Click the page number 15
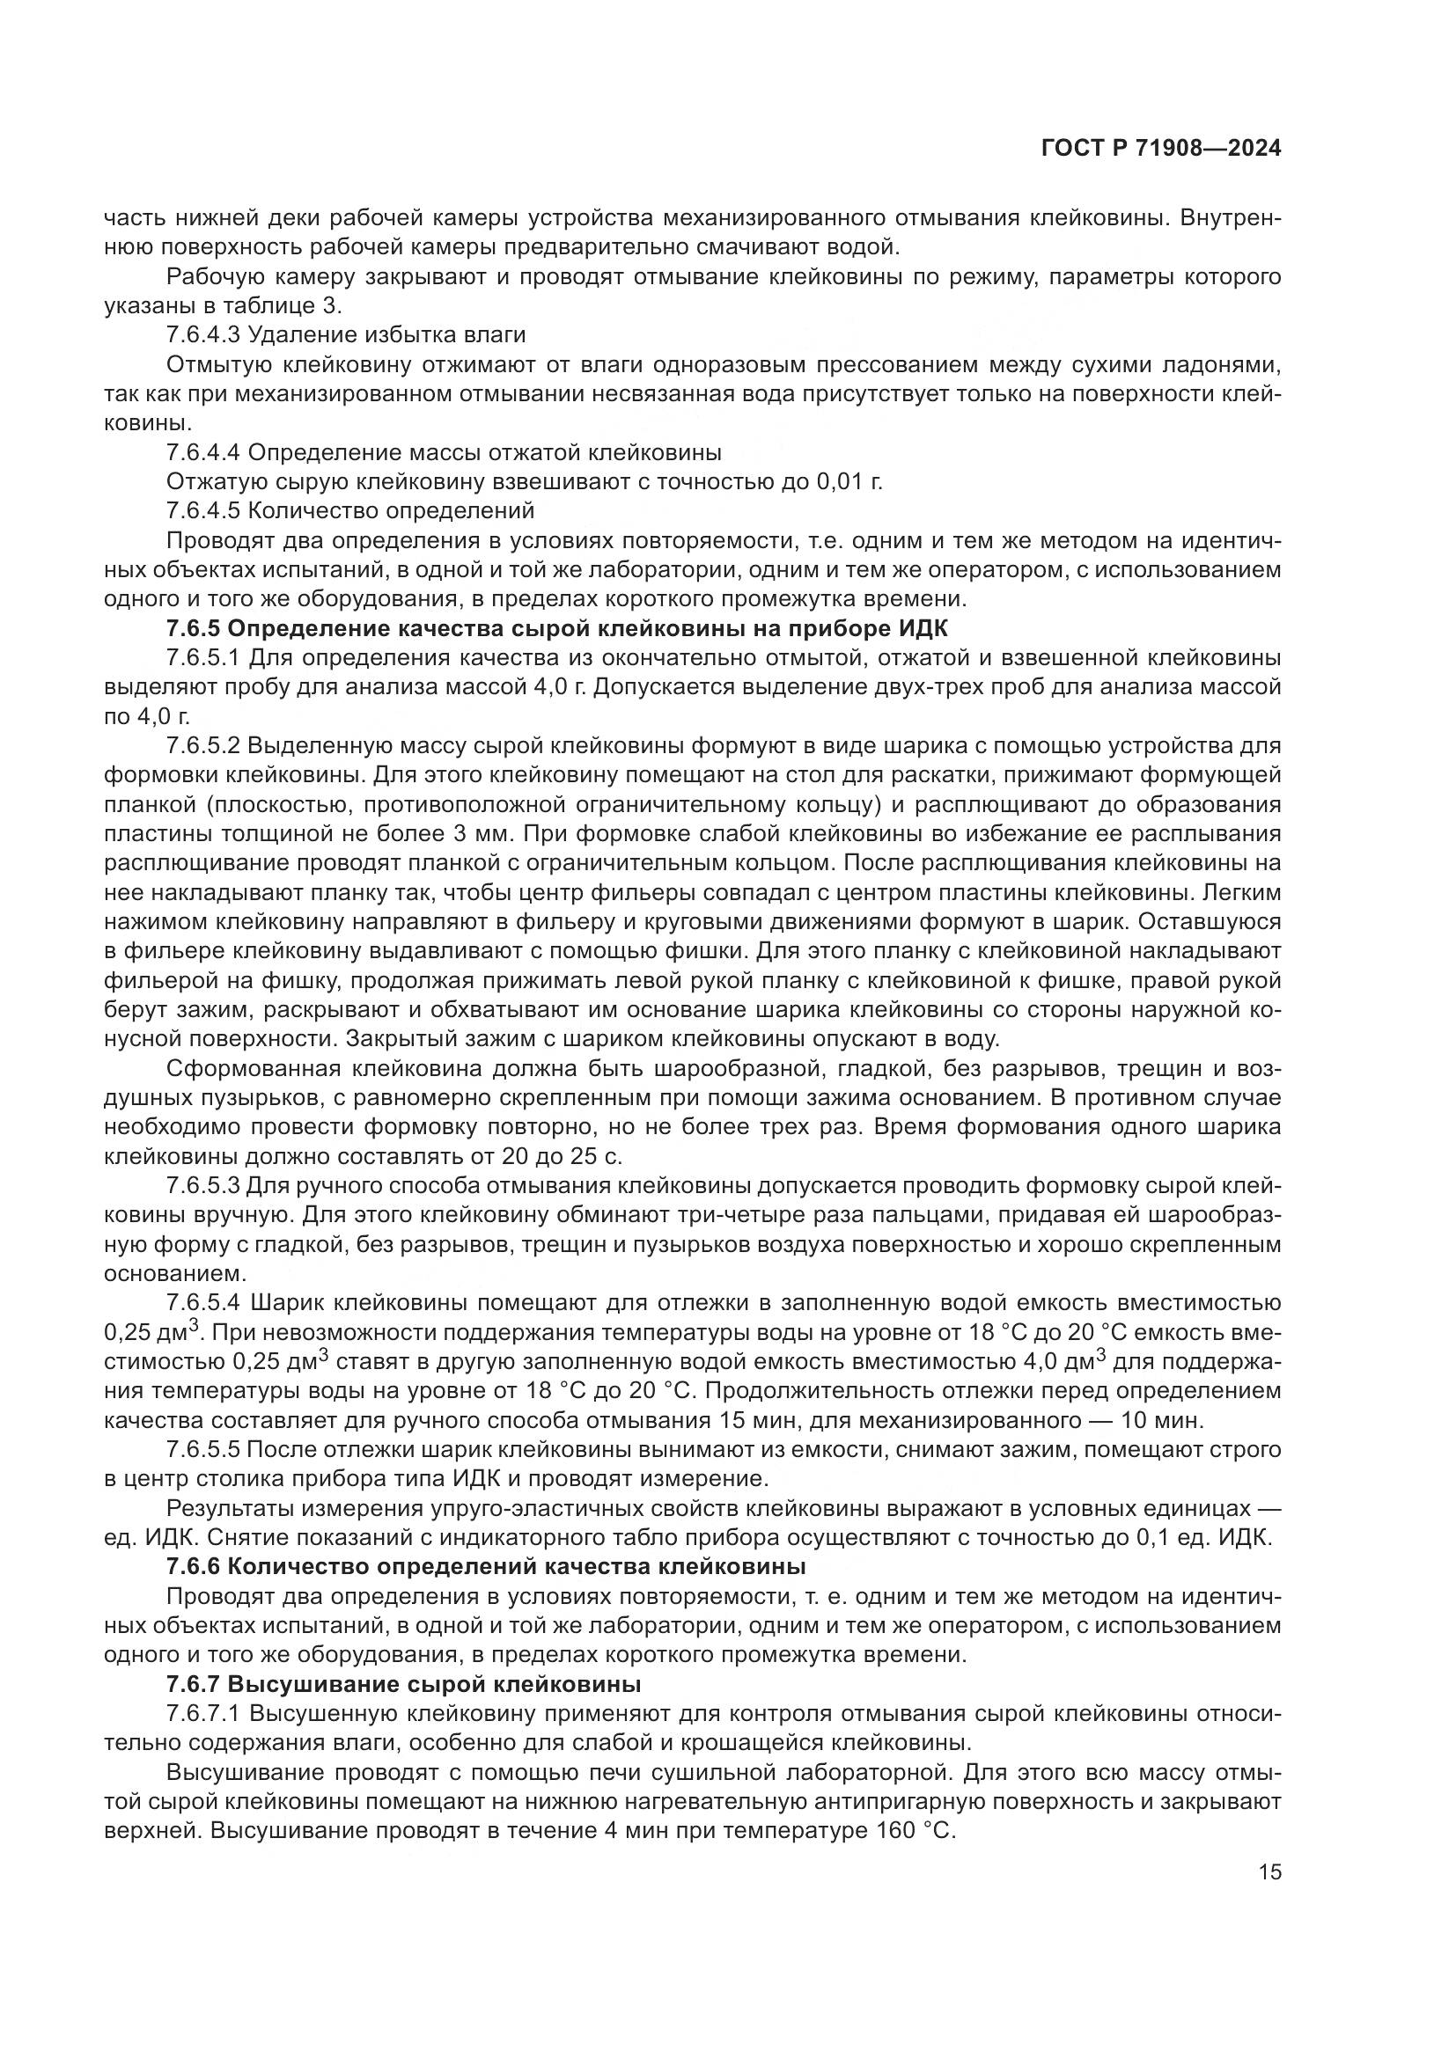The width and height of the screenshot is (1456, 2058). click(1269, 1871)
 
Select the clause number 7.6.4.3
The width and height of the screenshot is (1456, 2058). click(202, 335)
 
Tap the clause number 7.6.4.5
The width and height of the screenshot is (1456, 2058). click(202, 511)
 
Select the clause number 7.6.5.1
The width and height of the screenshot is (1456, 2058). click(202, 658)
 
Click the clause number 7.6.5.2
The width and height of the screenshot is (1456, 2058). click(202, 746)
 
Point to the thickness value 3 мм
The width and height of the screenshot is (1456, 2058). click(472, 833)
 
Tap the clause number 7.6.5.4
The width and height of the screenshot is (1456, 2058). click(202, 1302)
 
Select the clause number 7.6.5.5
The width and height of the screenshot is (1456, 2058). click(202, 1449)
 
